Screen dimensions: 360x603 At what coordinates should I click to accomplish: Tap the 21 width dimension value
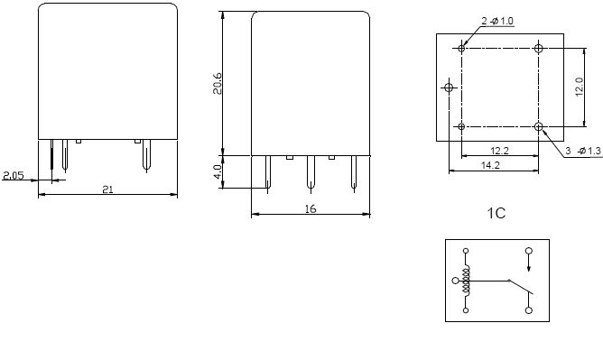(x=107, y=189)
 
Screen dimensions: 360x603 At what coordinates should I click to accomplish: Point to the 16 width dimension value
(x=310, y=208)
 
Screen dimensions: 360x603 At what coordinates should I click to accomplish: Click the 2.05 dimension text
(x=13, y=175)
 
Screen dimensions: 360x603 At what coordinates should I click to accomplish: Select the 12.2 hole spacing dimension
(x=498, y=150)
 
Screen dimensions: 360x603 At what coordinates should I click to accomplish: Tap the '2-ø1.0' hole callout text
(x=497, y=21)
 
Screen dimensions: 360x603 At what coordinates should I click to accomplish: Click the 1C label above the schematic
(x=496, y=214)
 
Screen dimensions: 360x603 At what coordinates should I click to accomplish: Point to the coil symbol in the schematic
(x=467, y=281)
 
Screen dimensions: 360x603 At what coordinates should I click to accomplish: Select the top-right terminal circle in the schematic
(x=529, y=250)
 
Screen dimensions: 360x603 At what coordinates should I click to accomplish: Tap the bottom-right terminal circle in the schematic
(x=529, y=309)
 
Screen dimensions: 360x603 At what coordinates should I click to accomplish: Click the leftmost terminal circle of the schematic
(x=455, y=281)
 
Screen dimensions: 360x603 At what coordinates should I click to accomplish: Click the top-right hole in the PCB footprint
(x=539, y=47)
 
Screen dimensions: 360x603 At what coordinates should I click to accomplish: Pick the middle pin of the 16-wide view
(x=310, y=171)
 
